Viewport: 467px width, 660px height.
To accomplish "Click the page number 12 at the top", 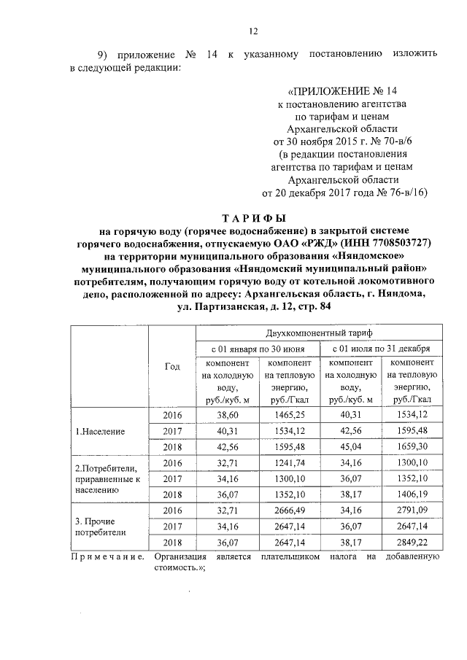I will [x=253, y=31].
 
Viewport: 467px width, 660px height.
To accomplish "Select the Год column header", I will [x=172, y=366].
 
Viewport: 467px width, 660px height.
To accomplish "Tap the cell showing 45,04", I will [x=351, y=446].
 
